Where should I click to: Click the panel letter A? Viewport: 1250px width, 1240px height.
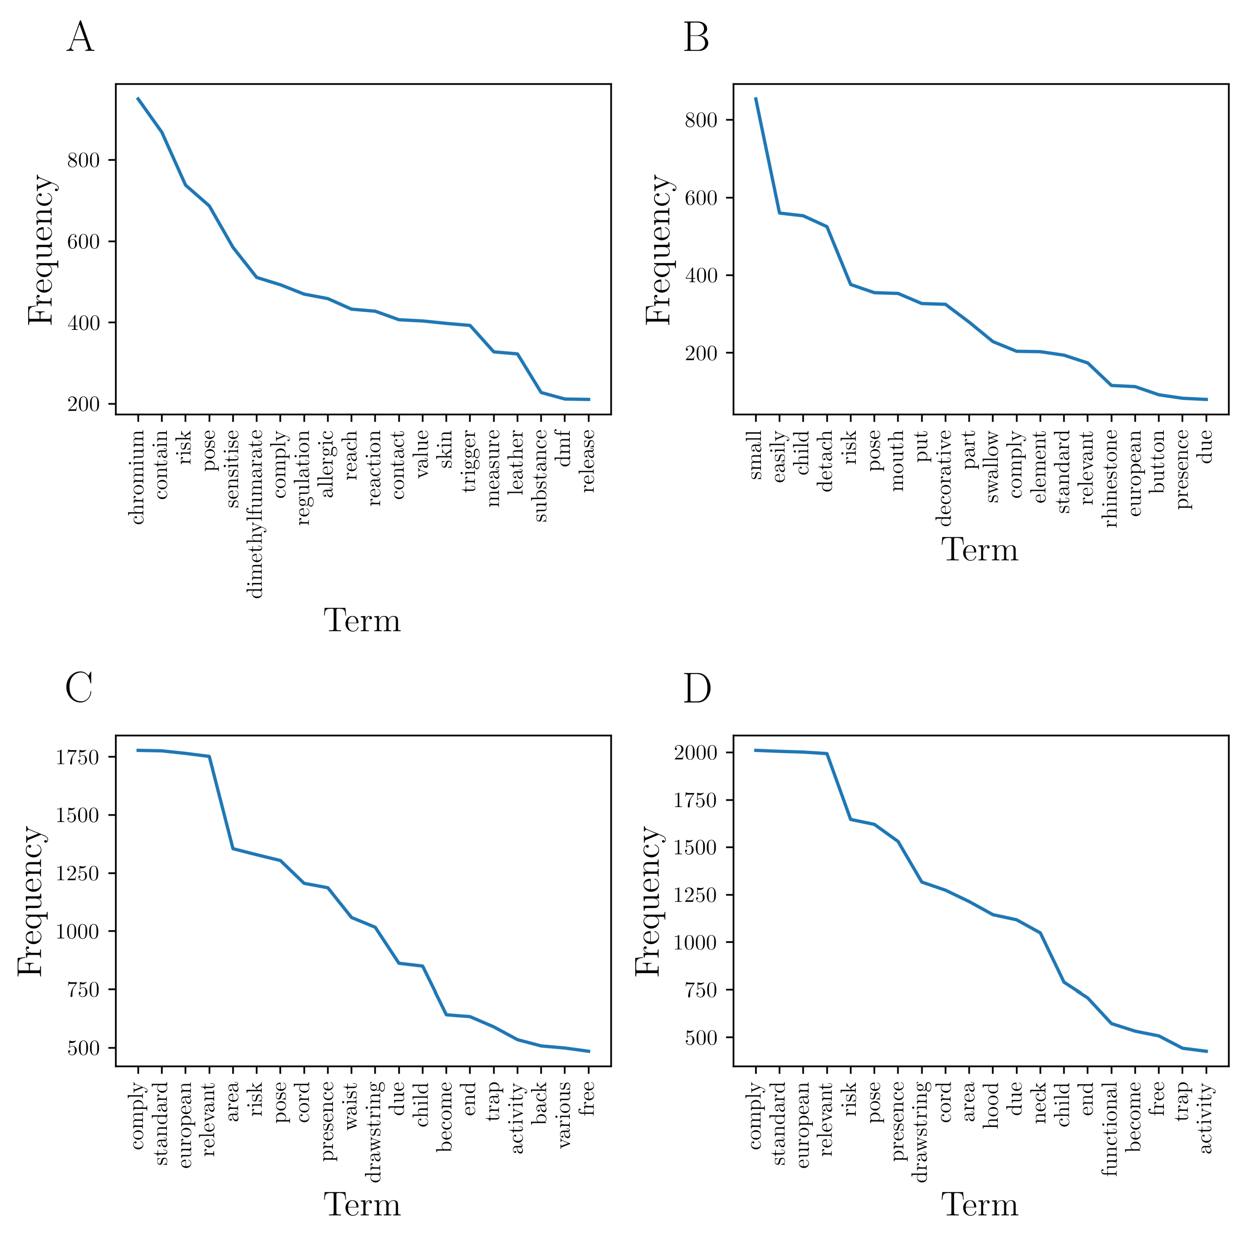click(80, 38)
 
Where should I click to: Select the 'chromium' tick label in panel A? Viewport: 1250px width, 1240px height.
click(137, 478)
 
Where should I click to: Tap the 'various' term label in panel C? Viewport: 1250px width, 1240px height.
click(565, 1115)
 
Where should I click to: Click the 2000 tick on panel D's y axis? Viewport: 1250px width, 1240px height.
click(695, 753)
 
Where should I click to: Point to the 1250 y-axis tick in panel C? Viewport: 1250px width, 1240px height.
click(77, 873)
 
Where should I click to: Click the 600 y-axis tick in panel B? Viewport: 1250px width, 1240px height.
click(701, 198)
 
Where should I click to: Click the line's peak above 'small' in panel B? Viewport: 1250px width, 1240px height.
click(756, 98)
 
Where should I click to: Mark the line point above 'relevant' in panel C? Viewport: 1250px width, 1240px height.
click(209, 756)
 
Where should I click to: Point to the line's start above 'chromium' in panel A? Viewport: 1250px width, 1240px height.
click(138, 98)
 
